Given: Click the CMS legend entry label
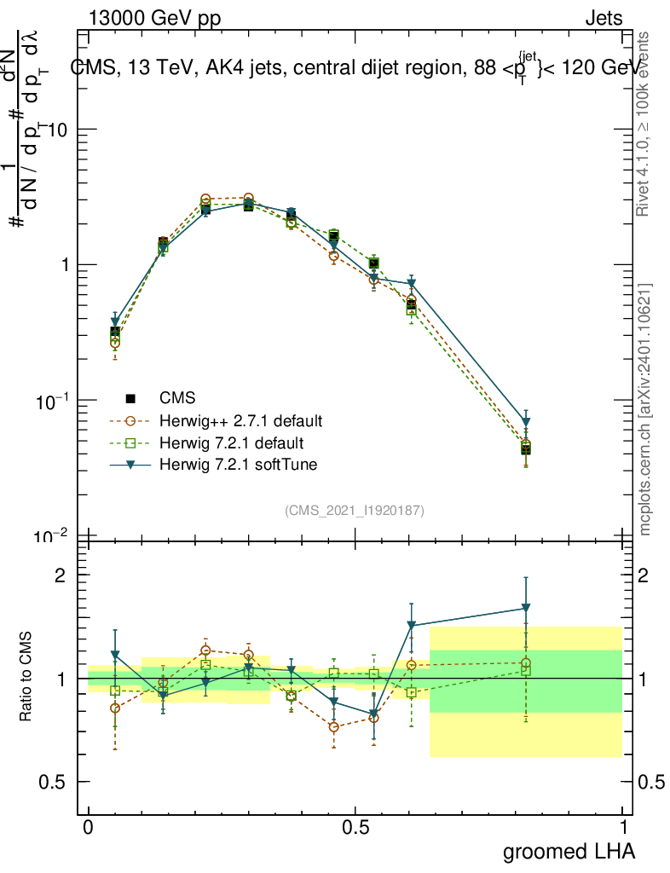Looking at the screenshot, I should coord(177,398).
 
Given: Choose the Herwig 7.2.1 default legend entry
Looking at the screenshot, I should coord(232,443).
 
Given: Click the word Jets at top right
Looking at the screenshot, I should coord(603,17).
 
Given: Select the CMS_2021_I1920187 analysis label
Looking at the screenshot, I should coord(355,510).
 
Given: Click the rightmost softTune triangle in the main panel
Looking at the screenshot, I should coord(526,422).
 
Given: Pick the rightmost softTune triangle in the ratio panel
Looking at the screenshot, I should coord(526,608).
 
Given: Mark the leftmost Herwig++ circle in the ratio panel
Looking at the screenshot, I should coord(115,708).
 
